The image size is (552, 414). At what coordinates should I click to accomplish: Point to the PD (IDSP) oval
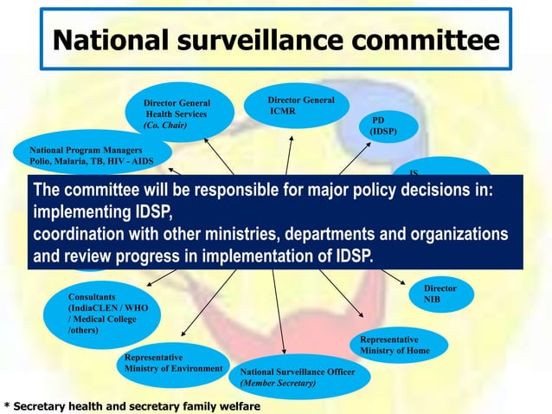pyautogui.click(x=382, y=126)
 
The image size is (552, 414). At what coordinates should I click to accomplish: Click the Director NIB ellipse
pyautogui.click(x=439, y=294)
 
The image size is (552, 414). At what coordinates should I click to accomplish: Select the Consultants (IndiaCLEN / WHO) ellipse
pyautogui.click(x=101, y=313)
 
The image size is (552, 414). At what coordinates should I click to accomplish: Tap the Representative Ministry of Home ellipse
pyautogui.click(x=397, y=345)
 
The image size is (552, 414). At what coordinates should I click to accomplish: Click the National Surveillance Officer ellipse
pyautogui.click(x=304, y=377)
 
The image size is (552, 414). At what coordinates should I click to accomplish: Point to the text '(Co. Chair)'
pyautogui.click(x=164, y=126)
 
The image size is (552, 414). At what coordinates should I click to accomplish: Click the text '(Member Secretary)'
pyautogui.click(x=278, y=383)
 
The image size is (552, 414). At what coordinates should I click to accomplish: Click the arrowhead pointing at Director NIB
pyautogui.click(x=403, y=282)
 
